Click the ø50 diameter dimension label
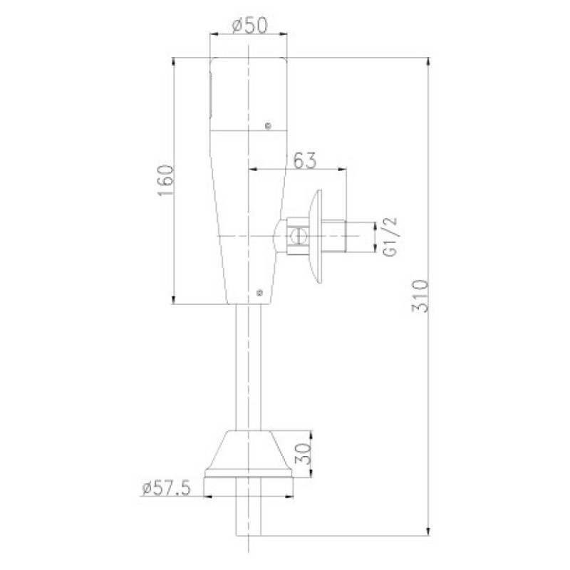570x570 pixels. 249,26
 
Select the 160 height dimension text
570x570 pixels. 166,181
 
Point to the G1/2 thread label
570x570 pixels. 390,237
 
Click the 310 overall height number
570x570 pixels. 420,296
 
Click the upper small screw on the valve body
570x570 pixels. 269,126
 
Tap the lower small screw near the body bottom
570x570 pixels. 259,292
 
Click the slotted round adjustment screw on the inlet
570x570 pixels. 299,237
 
